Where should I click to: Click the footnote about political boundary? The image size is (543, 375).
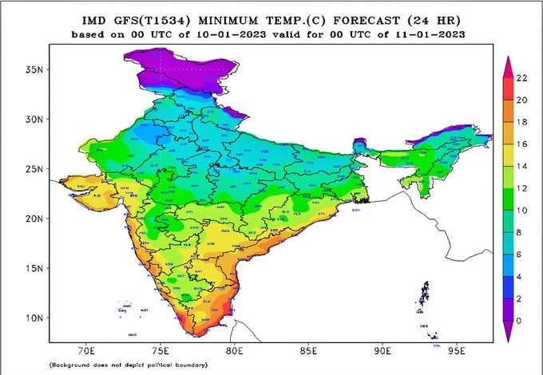pyautogui.click(x=128, y=365)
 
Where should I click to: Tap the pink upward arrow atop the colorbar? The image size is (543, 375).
pyautogui.click(x=506, y=65)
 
